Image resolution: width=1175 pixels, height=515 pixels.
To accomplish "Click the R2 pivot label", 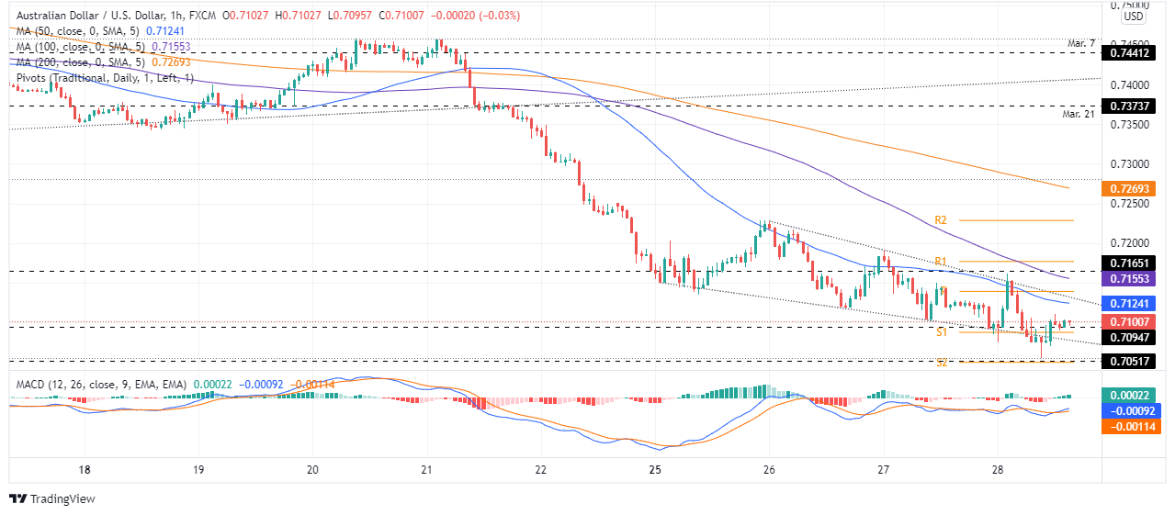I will (x=941, y=220).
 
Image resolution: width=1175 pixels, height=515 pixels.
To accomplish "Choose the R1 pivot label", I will (x=941, y=262).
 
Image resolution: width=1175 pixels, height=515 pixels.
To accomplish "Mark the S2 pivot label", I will (x=942, y=363).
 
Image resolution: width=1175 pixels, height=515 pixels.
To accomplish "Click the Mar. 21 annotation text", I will (x=1078, y=114).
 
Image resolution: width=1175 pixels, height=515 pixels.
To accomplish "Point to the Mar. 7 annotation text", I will (x=1081, y=43).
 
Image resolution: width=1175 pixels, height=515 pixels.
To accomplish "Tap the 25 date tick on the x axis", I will (x=655, y=469).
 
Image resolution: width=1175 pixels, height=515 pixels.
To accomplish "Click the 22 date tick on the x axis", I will (x=540, y=469).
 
